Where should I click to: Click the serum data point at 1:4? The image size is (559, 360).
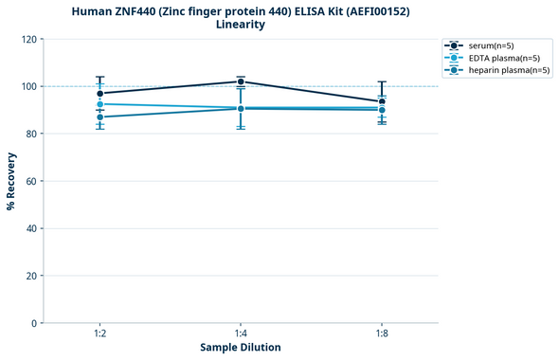click(241, 81)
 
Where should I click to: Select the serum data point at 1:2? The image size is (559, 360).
click(99, 94)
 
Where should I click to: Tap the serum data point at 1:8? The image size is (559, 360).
click(382, 101)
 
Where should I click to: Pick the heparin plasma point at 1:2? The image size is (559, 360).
click(99, 117)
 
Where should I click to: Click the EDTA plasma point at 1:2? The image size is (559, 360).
click(99, 104)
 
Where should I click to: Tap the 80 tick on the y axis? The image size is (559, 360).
click(30, 134)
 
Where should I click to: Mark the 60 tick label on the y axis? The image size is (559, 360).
click(30, 181)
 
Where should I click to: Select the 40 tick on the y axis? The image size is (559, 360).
click(30, 228)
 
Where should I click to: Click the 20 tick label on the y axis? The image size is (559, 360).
click(30, 276)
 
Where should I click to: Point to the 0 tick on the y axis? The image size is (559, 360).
click(33, 323)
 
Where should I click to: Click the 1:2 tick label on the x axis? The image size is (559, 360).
click(99, 333)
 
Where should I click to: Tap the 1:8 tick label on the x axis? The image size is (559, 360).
click(382, 333)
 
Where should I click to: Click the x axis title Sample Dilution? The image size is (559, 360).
click(241, 348)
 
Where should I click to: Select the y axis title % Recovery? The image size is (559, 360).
click(11, 181)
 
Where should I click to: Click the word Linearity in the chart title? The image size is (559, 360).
click(241, 25)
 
